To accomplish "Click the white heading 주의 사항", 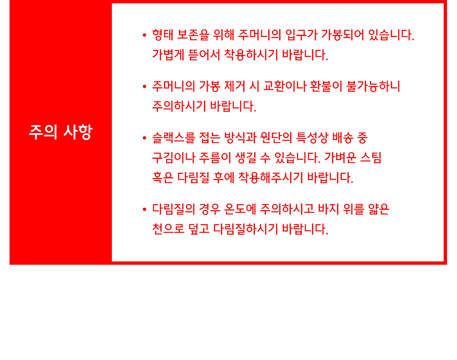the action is click(x=60, y=132).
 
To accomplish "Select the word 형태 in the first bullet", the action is click(x=163, y=35).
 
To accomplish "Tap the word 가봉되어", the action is click(x=342, y=35).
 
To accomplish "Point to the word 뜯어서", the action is click(x=204, y=55).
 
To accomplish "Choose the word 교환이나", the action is click(x=285, y=86).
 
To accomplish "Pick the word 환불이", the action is click(x=326, y=86).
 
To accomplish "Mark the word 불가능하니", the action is click(x=373, y=86).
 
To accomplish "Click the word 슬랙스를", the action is click(x=174, y=138).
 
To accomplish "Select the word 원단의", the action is click(x=276, y=138).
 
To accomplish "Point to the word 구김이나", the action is click(x=174, y=158).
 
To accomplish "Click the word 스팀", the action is click(x=371, y=158).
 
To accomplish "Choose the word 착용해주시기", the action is click(x=271, y=178).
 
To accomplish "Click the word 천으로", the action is click(x=168, y=229).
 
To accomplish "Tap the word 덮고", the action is click(x=199, y=229).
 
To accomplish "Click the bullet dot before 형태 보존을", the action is click(x=144, y=35).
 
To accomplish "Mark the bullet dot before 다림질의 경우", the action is click(x=144, y=210).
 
